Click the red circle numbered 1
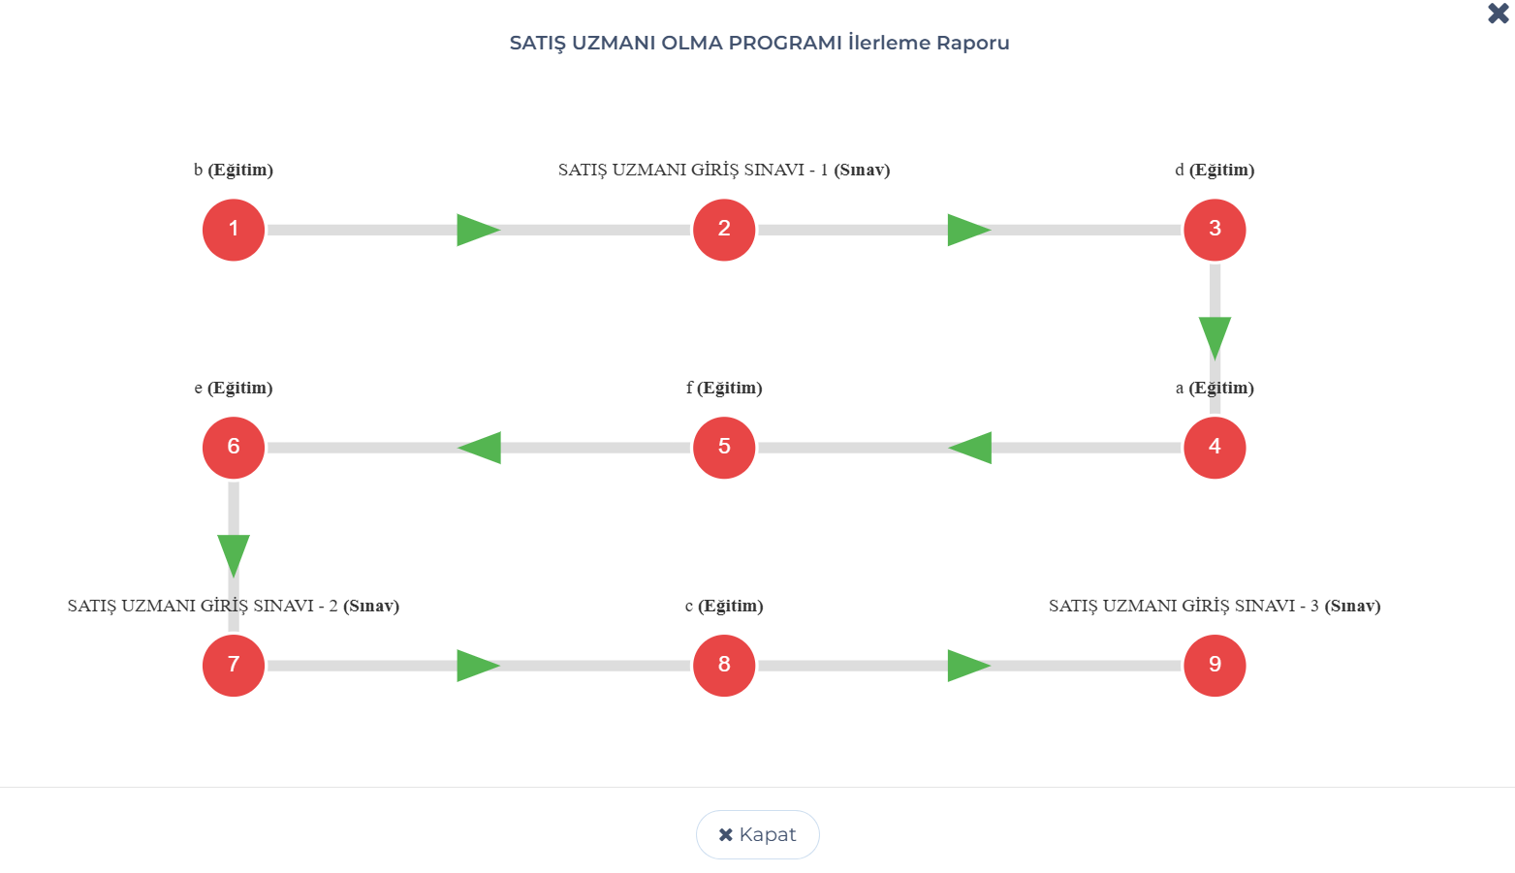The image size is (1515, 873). [234, 230]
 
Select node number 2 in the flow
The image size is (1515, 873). [724, 230]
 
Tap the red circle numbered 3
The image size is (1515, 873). [1215, 230]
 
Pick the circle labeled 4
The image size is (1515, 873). [1215, 447]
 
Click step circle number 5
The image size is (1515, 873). [724, 447]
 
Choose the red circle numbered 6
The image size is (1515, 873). [234, 447]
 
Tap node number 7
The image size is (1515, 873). [234, 665]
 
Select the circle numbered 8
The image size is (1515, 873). [724, 665]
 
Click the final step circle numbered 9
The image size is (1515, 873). [1215, 665]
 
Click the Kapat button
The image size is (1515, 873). [758, 834]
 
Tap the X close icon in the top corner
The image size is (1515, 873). [1499, 14]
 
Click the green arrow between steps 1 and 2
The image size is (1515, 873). [478, 230]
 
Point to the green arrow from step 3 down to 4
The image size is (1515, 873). [1215, 338]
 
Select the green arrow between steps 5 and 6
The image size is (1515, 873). [479, 448]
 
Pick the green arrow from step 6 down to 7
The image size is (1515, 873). [234, 556]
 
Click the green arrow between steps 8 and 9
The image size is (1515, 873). [969, 666]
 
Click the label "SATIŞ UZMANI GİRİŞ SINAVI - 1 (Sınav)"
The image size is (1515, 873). [724, 170]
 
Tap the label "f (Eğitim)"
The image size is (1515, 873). [724, 388]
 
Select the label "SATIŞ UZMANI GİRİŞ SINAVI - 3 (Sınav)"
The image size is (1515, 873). [1215, 606]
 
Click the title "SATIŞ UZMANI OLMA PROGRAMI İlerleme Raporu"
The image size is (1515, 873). [759, 43]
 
